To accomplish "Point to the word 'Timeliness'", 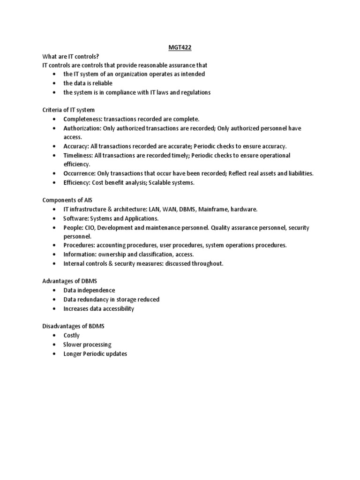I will (78, 156).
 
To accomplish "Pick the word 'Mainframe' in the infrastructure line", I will (213, 210).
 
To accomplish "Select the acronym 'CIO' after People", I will (91, 228).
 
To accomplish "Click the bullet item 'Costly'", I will (72, 336).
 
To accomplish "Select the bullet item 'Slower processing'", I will (87, 345).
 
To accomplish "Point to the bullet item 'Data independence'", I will (89, 291).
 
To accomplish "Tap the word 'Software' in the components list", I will (76, 219).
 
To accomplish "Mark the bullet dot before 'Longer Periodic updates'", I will (55, 354).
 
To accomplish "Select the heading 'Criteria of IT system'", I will (68, 110).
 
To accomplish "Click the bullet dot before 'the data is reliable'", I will (55, 83).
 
